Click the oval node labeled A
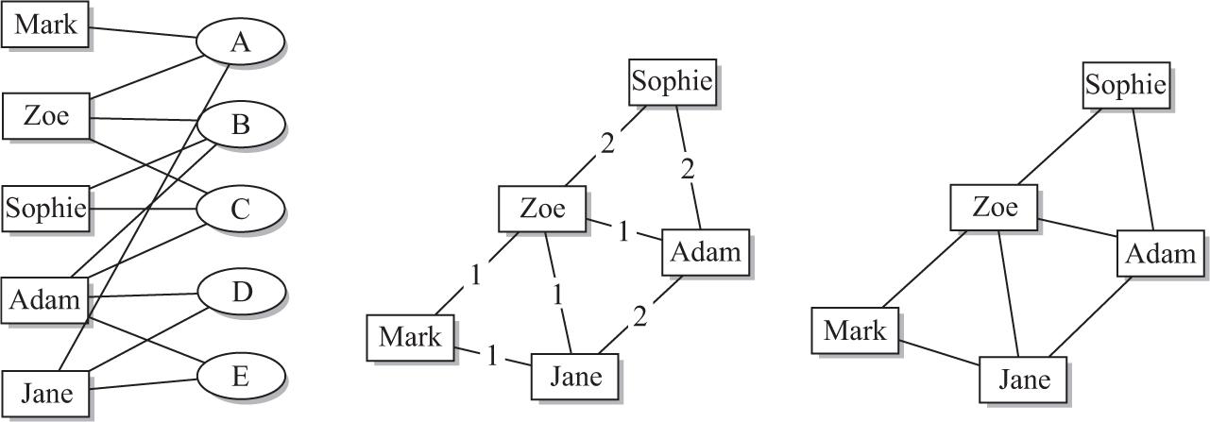[240, 42]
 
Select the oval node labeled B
[240, 125]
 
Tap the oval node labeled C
[240, 209]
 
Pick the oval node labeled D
[240, 292]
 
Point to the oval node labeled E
[240, 377]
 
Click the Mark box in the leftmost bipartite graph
[45, 25]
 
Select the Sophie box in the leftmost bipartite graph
[45, 208]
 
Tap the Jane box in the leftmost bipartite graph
[45, 393]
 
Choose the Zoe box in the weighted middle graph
[542, 208]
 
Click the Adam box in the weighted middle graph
[706, 252]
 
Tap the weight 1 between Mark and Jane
[492, 357]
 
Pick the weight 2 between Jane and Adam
[641, 317]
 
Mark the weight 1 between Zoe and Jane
[558, 294]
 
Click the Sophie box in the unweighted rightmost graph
[1125, 86]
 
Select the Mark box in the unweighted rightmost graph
[855, 330]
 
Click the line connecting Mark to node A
[142, 32]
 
